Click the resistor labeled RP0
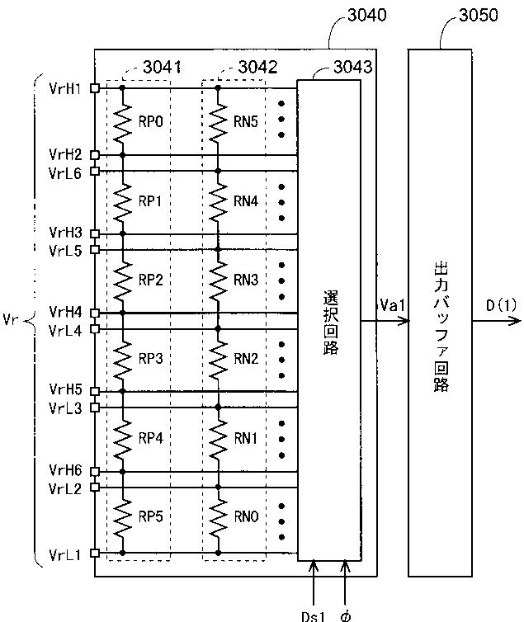pos(122,120)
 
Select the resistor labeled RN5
pos(218,120)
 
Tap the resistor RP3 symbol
pos(122,359)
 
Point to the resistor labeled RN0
pos(218,517)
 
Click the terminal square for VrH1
pos(96,87)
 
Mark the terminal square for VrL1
pos(96,552)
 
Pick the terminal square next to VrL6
pos(96,171)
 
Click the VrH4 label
pos(65,312)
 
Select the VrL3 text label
pos(65,407)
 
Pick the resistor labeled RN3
pos(218,280)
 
